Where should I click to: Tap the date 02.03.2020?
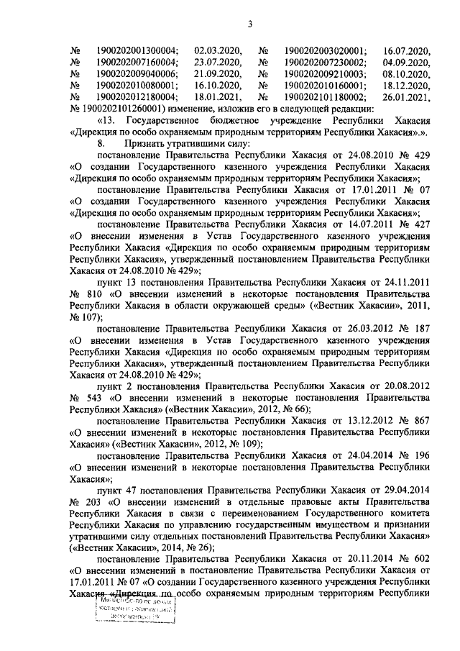tap(218, 51)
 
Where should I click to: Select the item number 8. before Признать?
tap(101, 144)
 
